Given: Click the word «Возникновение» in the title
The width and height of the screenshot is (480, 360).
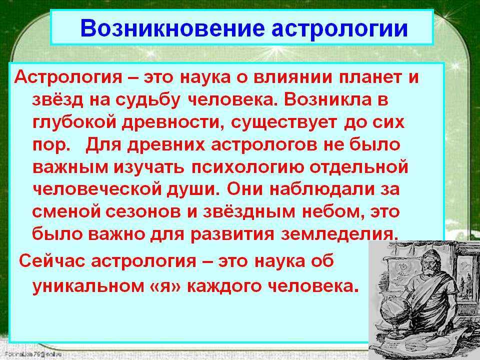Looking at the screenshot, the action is coord(172,28).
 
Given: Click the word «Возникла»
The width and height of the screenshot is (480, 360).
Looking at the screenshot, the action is coord(325,99).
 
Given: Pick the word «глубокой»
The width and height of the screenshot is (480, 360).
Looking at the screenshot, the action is coord(74,122).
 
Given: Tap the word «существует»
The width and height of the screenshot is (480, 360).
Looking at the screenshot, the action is coord(283,123).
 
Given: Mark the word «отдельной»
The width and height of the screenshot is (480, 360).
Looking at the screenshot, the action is coord(358,167).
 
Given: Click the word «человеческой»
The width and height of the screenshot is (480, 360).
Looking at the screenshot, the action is coord(96,190).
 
